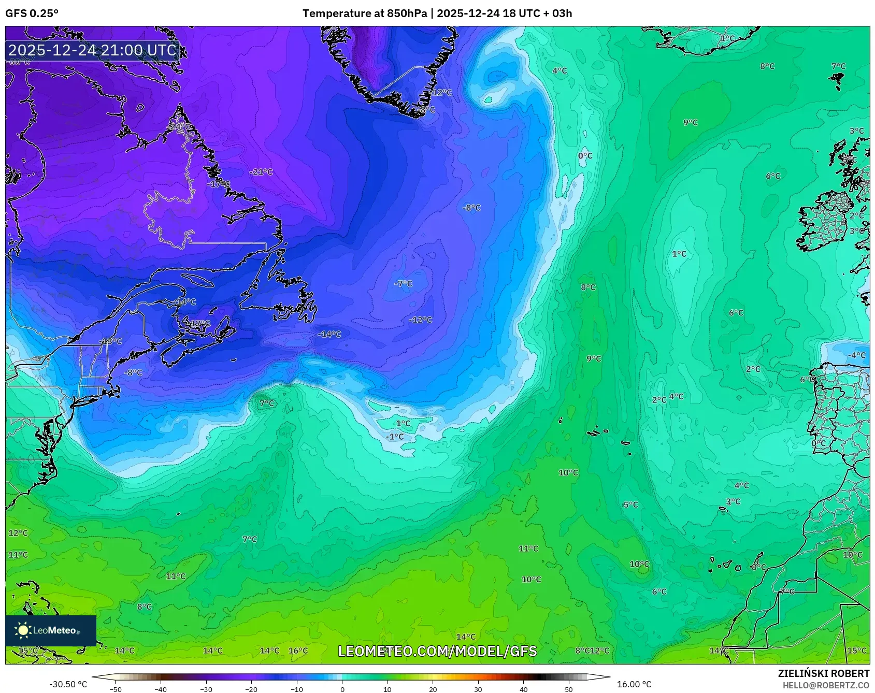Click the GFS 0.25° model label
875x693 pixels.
coord(32,13)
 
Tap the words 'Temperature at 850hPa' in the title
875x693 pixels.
coord(365,13)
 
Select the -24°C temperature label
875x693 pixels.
coord(180,126)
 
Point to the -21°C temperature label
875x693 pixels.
coord(261,172)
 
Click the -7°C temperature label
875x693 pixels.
coord(403,284)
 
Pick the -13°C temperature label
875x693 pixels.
coord(111,341)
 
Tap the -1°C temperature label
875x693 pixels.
coord(395,437)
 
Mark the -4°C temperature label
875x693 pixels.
coord(857,355)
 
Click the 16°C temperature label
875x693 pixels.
coord(298,651)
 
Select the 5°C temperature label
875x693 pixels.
coord(630,505)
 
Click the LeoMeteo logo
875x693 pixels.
coord(50,630)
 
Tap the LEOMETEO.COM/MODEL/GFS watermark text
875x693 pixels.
coord(437,651)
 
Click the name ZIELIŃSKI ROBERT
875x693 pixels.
coord(824,673)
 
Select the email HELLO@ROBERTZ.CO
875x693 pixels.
coord(826,685)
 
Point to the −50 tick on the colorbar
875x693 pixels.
coord(116,689)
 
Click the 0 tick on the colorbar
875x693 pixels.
coord(342,689)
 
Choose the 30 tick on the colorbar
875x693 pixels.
coord(478,689)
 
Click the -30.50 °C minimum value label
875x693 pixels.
coord(68,684)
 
